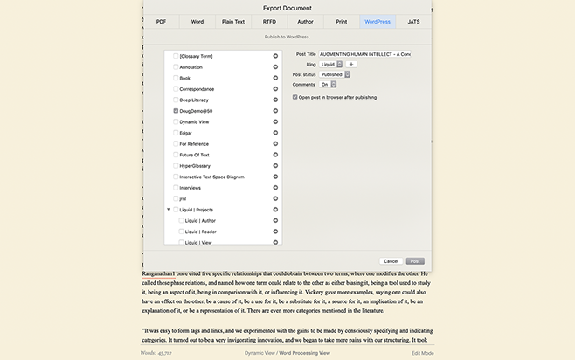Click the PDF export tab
pos(161,21)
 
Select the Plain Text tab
pos(233,21)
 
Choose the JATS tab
pos(413,21)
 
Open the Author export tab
pos(305,21)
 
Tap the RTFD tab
pos(269,21)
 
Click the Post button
pos(416,260)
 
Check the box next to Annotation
pos(177,66)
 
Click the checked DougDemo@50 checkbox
pos(177,111)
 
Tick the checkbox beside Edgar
pos(177,133)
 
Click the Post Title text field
pos(364,54)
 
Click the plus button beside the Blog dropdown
pos(351,64)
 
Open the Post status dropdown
pos(335,74)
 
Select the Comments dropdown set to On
pos(328,85)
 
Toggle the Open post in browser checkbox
pos(294,97)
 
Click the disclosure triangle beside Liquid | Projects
pos(168,210)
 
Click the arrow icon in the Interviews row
pos(275,188)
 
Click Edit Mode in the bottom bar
pos(423,352)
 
